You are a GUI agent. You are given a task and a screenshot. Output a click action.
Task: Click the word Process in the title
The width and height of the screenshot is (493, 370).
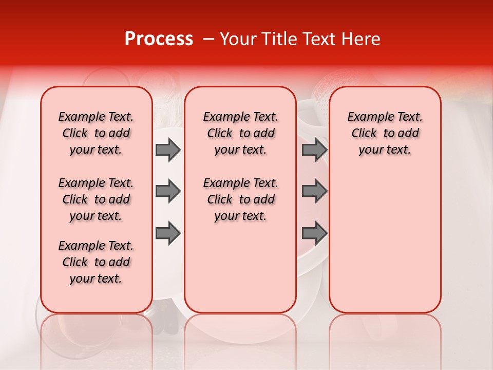(159, 39)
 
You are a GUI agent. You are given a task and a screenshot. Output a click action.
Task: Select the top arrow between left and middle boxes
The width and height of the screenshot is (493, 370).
(168, 150)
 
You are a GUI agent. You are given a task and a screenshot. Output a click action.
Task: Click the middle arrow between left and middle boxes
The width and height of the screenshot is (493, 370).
(168, 191)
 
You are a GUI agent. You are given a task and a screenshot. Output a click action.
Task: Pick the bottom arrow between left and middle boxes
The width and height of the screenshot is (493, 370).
(168, 233)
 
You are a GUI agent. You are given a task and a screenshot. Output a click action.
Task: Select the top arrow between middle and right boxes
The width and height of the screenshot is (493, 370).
(314, 150)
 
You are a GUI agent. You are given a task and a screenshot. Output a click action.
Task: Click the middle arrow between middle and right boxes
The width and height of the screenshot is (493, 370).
(314, 191)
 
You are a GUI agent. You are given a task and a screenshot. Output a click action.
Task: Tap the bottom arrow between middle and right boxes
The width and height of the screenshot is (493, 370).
(314, 233)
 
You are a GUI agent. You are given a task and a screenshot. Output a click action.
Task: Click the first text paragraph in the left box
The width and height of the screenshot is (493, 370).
(96, 133)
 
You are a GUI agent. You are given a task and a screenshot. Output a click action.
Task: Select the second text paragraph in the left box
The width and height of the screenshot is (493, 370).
(96, 199)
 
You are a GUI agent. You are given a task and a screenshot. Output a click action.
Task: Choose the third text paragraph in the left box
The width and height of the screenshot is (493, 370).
(96, 262)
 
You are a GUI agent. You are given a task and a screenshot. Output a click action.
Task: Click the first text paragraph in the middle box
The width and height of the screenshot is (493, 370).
(240, 133)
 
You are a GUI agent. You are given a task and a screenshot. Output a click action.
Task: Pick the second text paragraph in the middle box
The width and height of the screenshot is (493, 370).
(240, 199)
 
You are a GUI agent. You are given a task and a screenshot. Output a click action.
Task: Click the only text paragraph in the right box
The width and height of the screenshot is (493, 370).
(385, 133)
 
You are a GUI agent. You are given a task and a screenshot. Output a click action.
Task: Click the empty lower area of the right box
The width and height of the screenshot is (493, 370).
(385, 247)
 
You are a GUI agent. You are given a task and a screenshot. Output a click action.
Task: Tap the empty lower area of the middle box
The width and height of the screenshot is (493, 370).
(240, 267)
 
